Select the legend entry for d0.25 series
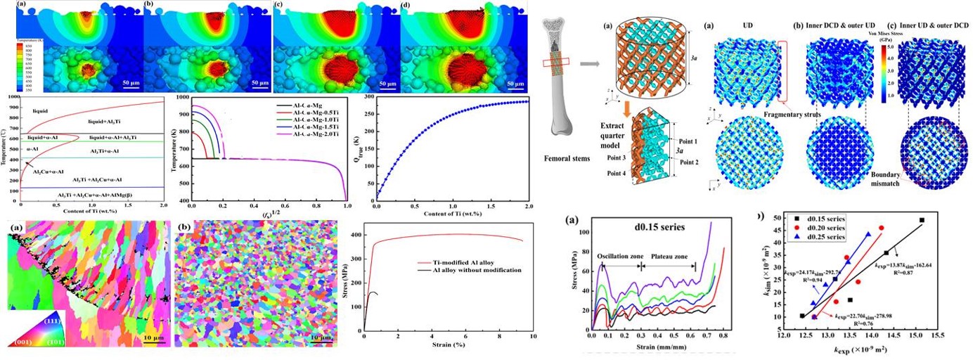click(820, 238)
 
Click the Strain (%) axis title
click(447, 345)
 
